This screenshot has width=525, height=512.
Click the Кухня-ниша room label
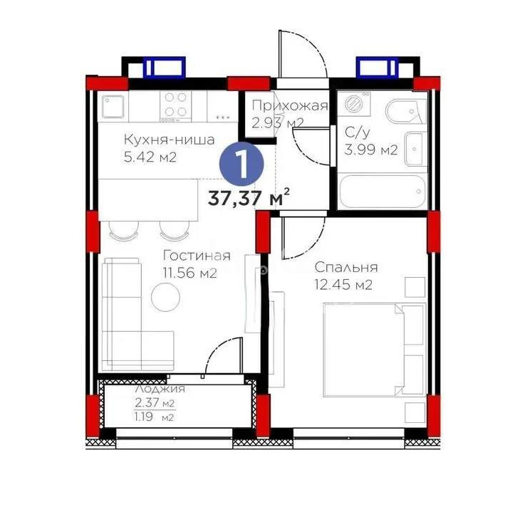click(169, 140)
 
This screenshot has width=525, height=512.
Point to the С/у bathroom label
click(356, 132)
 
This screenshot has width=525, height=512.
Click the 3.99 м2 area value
click(370, 150)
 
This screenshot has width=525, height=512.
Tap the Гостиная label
click(196, 256)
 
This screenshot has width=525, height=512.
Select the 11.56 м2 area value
click(189, 273)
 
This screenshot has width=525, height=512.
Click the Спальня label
click(346, 268)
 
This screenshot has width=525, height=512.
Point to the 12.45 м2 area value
click(344, 286)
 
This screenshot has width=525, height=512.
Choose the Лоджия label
click(160, 389)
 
